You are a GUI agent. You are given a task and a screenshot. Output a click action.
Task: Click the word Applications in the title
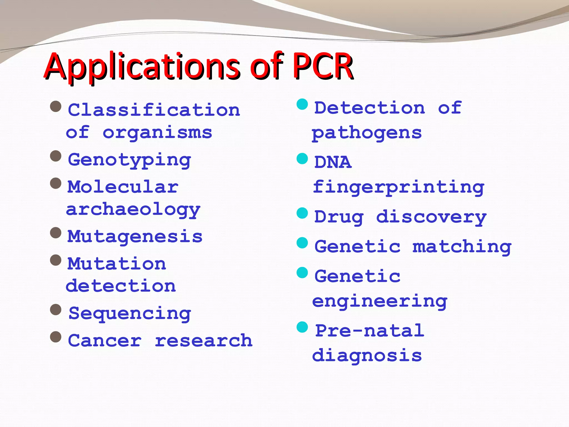[142, 67]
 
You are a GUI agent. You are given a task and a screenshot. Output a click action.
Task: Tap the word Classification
[154, 110]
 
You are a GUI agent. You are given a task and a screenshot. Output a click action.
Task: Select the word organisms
[158, 133]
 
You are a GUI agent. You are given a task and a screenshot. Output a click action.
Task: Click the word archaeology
[133, 210]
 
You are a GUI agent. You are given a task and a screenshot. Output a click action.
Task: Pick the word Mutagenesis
[135, 237]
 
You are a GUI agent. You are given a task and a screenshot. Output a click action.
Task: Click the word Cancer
[105, 341]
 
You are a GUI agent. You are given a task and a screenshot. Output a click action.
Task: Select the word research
[204, 341]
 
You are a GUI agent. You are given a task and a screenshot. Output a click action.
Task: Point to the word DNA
[333, 162]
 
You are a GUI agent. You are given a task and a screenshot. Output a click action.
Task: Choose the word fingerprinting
[399, 188]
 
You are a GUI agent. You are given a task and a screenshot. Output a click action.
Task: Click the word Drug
[339, 217]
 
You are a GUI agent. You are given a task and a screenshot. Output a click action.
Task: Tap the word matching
[462, 247]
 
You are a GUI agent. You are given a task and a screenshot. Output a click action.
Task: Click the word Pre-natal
[370, 331]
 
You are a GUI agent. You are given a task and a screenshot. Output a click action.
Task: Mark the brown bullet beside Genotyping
[56, 156]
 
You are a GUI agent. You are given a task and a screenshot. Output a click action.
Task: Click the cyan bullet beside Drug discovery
[302, 213]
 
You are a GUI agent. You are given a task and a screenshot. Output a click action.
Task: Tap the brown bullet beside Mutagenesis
[56, 233]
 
